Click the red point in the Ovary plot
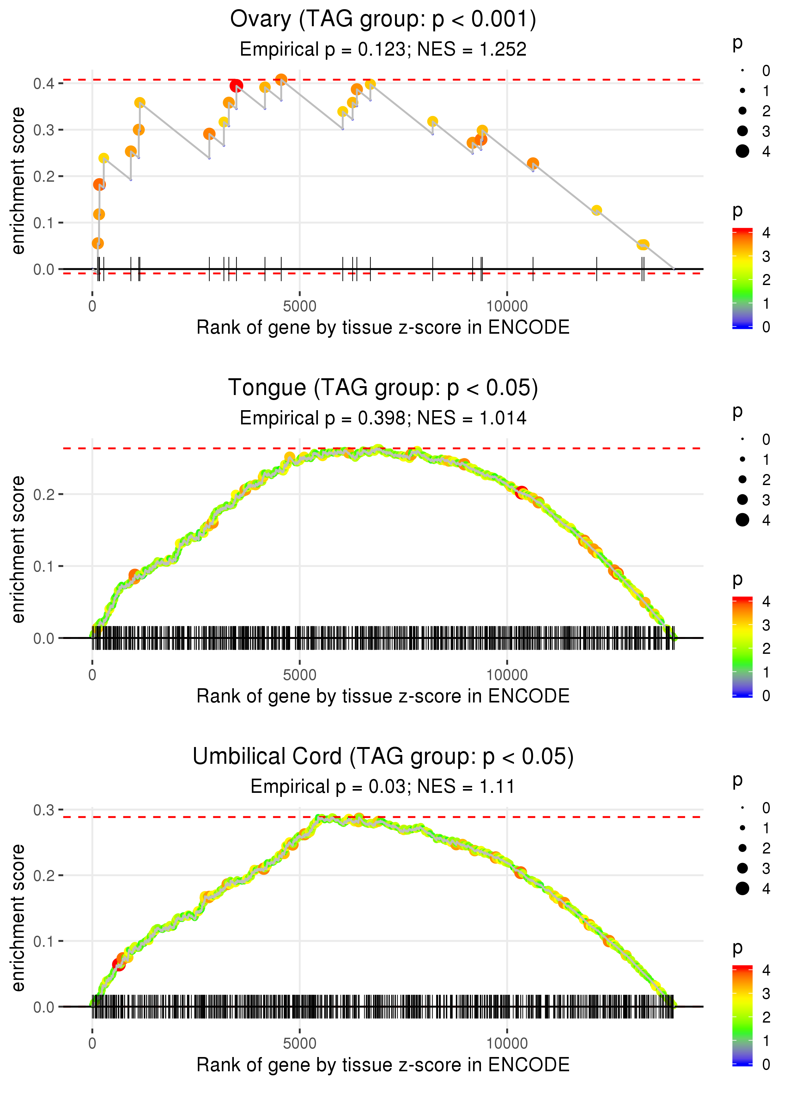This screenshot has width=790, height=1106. tap(236, 86)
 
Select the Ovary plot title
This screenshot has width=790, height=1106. tap(383, 20)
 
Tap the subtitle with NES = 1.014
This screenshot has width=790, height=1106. tap(383, 418)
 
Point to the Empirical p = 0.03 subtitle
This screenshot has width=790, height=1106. tap(383, 787)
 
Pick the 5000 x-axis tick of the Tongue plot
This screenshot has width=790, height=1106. tap(300, 675)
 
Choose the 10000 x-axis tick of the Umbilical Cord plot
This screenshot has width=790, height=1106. tap(507, 1043)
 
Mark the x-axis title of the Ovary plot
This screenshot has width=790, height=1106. tap(383, 327)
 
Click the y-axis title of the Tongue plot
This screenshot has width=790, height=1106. tap(18, 549)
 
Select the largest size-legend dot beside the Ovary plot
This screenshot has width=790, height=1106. tap(742, 151)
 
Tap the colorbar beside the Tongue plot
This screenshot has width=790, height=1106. tap(742, 647)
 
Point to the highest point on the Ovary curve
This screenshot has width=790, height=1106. tap(281, 79)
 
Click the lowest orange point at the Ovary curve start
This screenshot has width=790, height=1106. tap(98, 243)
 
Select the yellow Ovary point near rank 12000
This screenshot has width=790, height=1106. tap(596, 210)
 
